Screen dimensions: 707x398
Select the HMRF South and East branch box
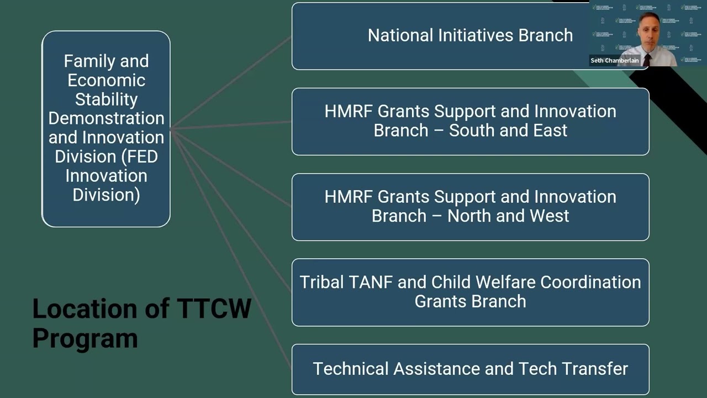tap(470, 122)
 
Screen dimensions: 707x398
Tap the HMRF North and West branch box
tap(470, 207)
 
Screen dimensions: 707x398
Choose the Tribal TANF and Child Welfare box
tap(470, 292)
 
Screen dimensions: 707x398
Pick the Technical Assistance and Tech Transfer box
tap(470, 369)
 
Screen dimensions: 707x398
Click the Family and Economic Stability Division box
tap(106, 129)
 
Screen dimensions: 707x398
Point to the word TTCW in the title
tap(214, 308)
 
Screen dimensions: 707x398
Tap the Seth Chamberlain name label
tap(615, 60)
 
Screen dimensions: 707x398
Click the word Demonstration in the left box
tap(107, 118)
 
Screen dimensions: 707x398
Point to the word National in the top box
tap(400, 35)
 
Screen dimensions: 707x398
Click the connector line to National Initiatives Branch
tap(231, 83)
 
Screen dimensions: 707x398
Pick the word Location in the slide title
tap(85, 308)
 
